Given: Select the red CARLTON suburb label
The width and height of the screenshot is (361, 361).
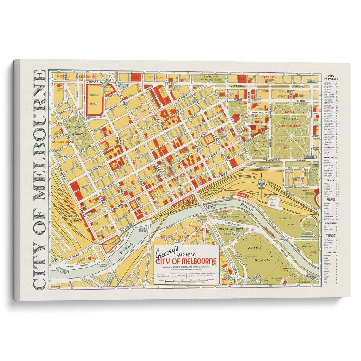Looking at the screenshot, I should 155,77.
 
